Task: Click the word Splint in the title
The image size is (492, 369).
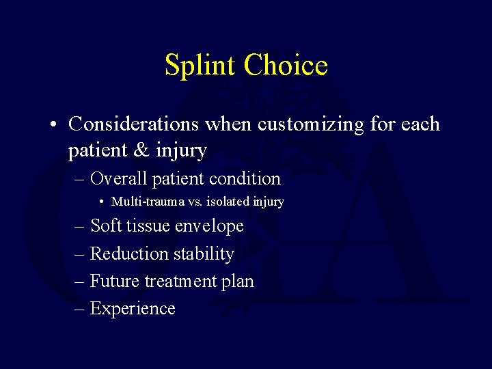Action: pos(201,66)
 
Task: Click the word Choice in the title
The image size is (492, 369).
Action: pos(286,66)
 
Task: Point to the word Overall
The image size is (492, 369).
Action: pos(118,179)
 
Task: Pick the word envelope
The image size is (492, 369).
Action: pos(208,226)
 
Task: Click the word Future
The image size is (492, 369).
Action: pos(113,282)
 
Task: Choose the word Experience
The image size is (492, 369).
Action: pos(133,309)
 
